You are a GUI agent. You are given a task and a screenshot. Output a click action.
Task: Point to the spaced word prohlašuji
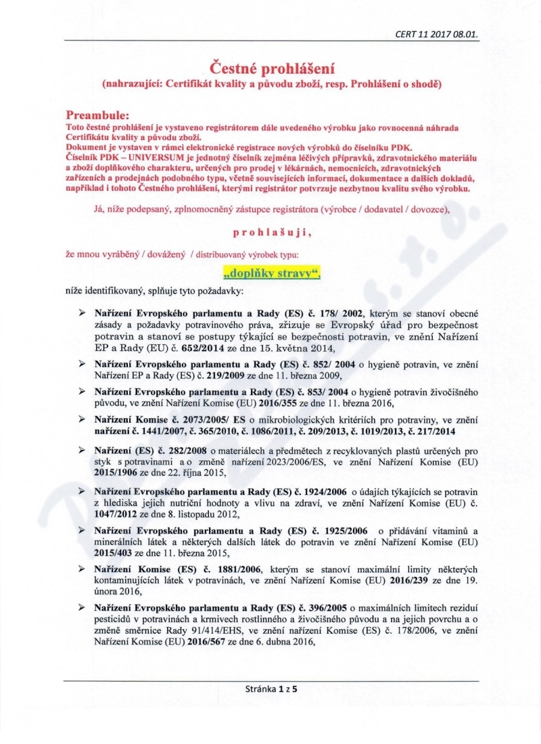pyautogui.click(x=271, y=233)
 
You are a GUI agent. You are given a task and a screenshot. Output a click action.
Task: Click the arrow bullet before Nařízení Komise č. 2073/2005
pyautogui.click(x=83, y=419)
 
